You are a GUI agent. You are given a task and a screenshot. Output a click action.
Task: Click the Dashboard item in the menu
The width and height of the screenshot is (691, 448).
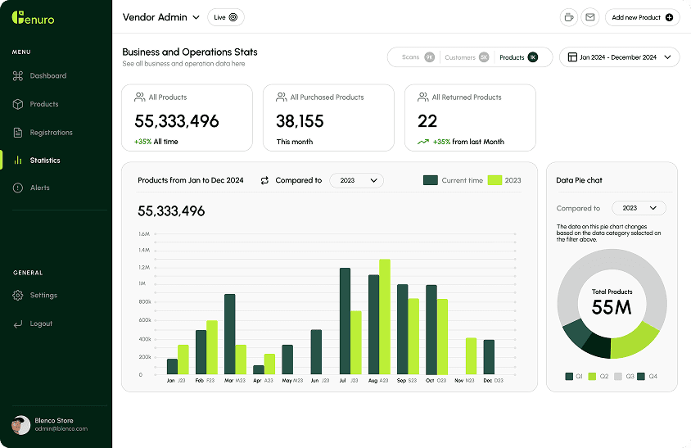click(x=47, y=76)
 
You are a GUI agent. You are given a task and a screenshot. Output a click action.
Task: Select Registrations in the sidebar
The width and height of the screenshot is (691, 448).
click(x=51, y=133)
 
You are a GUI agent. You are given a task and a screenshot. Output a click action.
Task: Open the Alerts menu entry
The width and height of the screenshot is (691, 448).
click(x=39, y=188)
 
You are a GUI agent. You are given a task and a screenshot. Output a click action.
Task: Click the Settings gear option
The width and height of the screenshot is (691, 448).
click(x=43, y=296)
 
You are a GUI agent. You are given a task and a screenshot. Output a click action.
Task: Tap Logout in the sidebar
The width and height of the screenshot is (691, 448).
click(x=40, y=324)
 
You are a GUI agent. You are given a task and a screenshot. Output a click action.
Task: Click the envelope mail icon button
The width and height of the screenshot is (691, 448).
click(x=589, y=17)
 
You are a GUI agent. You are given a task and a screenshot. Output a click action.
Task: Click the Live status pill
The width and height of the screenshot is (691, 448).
click(x=226, y=17)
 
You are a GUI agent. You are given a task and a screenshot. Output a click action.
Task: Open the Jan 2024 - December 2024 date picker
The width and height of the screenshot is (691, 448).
click(x=619, y=57)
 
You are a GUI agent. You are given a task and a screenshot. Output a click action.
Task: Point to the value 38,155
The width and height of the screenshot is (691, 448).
click(x=300, y=121)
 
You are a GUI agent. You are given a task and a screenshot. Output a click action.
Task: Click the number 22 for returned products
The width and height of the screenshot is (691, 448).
click(x=427, y=121)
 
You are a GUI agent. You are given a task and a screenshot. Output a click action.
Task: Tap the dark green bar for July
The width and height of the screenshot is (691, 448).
click(x=345, y=321)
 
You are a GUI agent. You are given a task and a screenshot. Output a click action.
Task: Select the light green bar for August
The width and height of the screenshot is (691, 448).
click(x=385, y=317)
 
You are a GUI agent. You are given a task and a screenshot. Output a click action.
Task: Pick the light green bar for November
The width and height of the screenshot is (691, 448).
click(x=471, y=356)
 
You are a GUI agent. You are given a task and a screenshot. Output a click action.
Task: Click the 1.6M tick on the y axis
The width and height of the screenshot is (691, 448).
click(x=144, y=233)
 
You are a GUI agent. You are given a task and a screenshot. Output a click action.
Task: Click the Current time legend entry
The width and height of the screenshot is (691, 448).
click(x=454, y=180)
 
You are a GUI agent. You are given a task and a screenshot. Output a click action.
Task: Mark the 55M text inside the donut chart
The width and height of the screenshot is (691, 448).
click(x=612, y=307)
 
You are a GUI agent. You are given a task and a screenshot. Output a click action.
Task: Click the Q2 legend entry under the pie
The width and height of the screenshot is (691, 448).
click(x=598, y=377)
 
